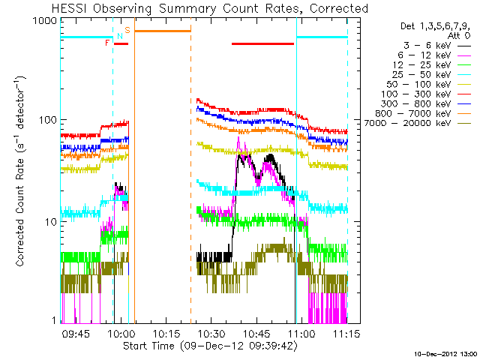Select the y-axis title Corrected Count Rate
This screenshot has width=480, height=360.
pos(21,170)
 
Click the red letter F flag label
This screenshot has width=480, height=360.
pos(108,43)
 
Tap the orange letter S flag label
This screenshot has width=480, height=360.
pos(127,30)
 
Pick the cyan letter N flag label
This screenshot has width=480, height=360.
pos(119,37)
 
